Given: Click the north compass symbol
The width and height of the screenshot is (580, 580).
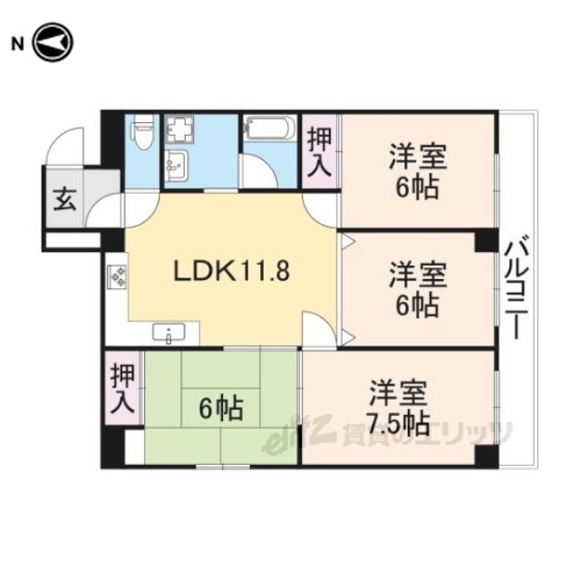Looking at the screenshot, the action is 53,43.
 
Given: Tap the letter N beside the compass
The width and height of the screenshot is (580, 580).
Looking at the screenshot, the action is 17,44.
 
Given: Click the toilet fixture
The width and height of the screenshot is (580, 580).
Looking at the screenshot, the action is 142,131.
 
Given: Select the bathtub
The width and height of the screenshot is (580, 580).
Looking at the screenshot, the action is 270,128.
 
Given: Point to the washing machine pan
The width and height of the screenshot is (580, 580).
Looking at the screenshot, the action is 179,129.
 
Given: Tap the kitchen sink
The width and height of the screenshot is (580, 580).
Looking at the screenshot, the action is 169,333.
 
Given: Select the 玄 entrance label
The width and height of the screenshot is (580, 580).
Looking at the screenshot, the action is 65,199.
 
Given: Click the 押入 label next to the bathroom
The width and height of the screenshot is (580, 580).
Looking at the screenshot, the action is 319,151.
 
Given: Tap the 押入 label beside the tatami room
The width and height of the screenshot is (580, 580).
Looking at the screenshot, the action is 122,389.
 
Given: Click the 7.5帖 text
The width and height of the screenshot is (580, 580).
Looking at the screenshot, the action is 399,424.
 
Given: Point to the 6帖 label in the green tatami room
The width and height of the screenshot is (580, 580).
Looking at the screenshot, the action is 221,408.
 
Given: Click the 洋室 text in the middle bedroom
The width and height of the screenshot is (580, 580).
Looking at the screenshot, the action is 418,275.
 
